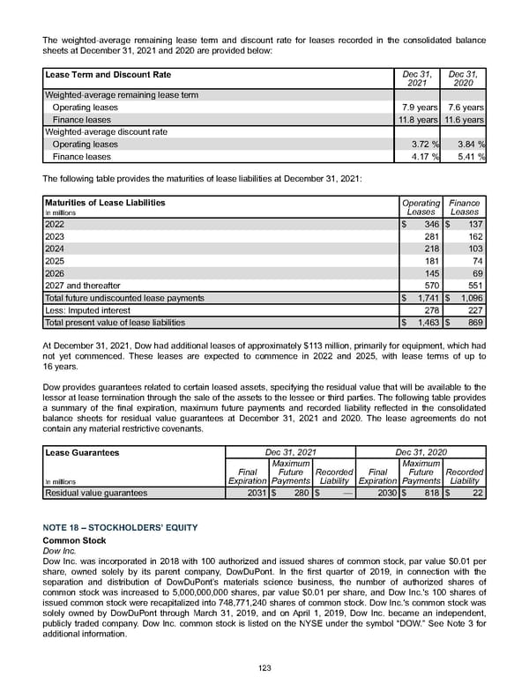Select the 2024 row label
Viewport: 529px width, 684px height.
55,249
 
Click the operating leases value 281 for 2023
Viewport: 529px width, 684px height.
432,237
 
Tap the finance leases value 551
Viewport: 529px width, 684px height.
477,286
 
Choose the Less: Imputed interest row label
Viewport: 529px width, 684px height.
85,310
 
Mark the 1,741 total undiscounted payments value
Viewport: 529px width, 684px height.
427,298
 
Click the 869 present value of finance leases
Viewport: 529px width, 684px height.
477,323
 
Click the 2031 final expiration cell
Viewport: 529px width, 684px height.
253,494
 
